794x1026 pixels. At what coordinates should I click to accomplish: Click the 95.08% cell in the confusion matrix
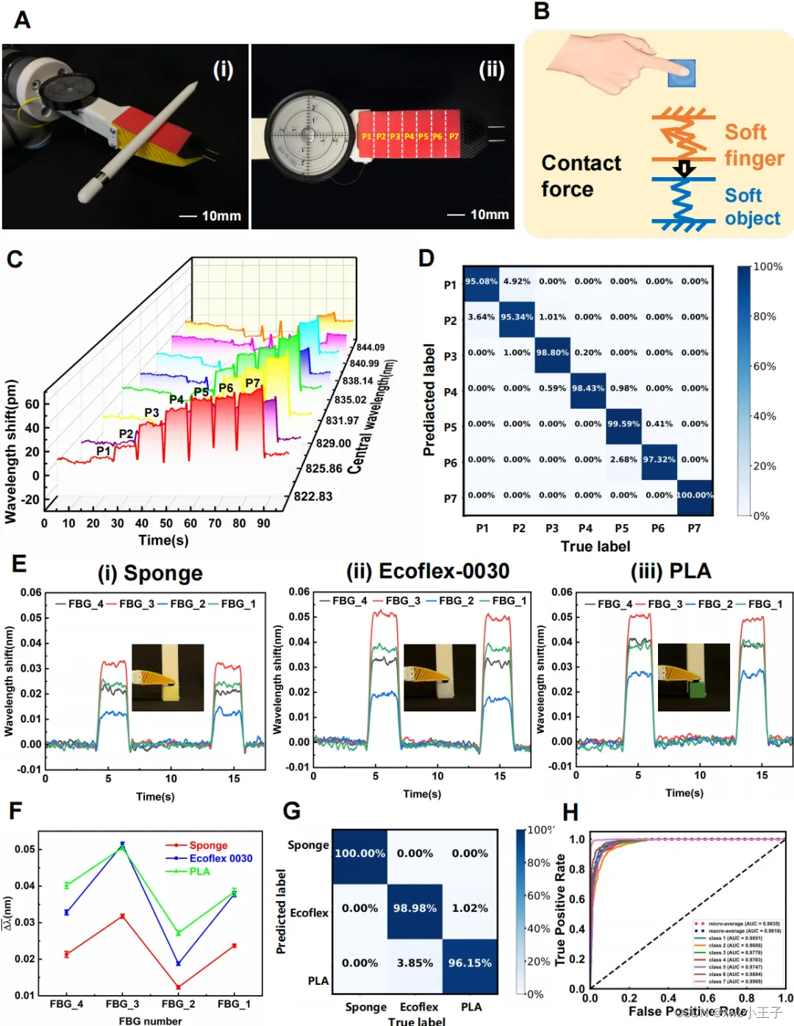[481, 281]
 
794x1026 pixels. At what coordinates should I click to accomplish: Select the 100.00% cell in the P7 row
[695, 495]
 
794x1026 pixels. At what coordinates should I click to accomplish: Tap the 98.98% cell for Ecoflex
[415, 908]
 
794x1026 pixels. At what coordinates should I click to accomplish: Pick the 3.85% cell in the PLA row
[415, 964]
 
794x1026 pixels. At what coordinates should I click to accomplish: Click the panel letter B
[542, 12]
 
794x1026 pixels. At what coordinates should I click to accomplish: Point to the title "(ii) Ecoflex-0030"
[428, 571]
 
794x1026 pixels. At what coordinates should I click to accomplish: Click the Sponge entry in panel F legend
[208, 846]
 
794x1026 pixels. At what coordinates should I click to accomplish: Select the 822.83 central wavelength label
[313, 497]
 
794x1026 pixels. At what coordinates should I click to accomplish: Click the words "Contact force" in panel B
[581, 176]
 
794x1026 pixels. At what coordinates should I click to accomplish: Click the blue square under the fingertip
[682, 72]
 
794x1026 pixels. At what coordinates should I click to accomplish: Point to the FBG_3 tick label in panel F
[122, 1004]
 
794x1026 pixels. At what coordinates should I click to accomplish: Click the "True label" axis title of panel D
[595, 547]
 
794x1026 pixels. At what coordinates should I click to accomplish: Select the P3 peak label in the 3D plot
[151, 413]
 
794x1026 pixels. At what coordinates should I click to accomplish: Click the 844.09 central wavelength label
[371, 348]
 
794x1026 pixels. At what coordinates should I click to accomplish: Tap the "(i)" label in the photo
[223, 70]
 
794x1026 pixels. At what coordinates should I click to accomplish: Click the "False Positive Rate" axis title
[687, 1011]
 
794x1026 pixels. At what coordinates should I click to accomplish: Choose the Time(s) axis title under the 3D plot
[163, 540]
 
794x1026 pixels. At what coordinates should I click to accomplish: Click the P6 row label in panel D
[450, 463]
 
